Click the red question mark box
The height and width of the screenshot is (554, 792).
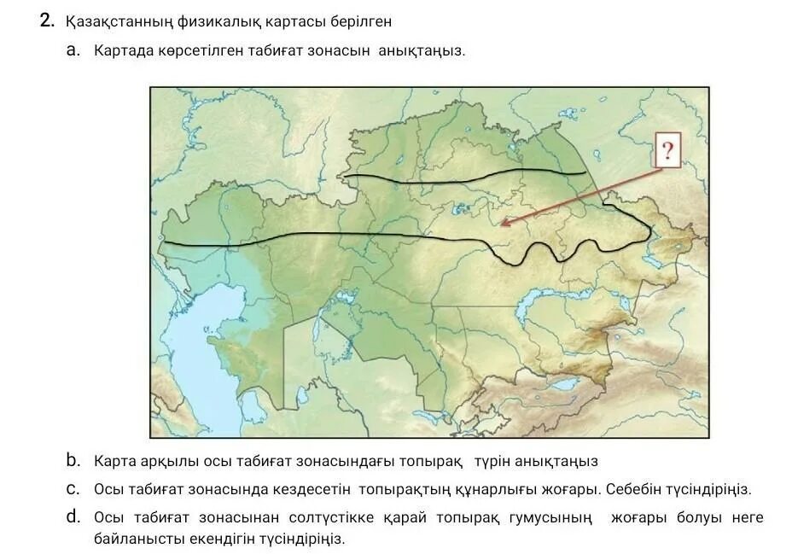pyautogui.click(x=667, y=152)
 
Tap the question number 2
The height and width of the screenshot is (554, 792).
pyautogui.click(x=47, y=21)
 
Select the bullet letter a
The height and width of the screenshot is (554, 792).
pyautogui.click(x=73, y=50)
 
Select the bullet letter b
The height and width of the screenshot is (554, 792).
pyautogui.click(x=73, y=461)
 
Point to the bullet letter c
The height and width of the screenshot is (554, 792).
pyautogui.click(x=73, y=489)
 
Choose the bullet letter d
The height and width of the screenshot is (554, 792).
pyautogui.click(x=73, y=516)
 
